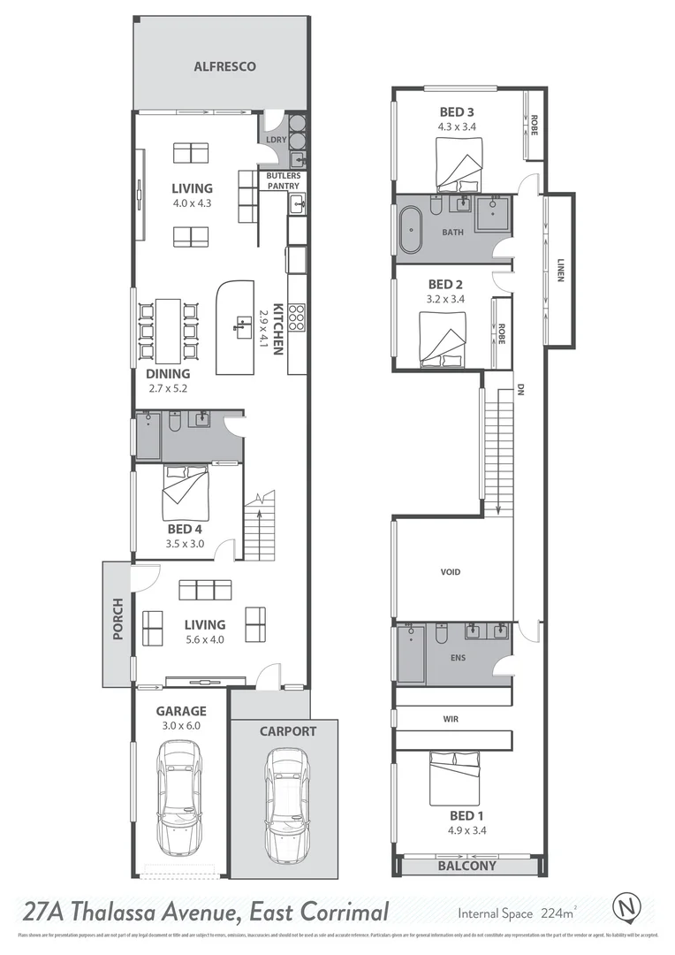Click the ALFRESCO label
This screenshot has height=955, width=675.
[x=224, y=66]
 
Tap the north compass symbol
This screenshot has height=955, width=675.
[x=627, y=907]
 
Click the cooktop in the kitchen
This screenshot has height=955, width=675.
[x=298, y=316]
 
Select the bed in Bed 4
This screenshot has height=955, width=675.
[x=186, y=493]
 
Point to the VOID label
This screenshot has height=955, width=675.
[x=451, y=572]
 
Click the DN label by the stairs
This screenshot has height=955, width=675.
[x=520, y=388]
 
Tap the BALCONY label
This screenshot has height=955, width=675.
[x=467, y=866]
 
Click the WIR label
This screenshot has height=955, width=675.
[x=451, y=719]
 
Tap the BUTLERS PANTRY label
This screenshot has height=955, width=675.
[x=284, y=180]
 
